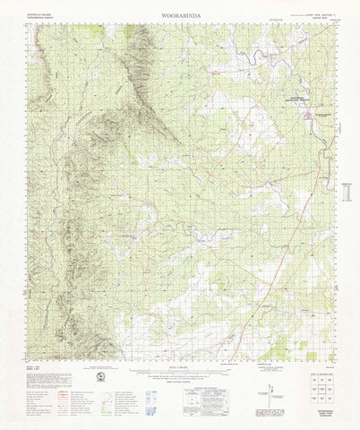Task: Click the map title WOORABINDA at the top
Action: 179,15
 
